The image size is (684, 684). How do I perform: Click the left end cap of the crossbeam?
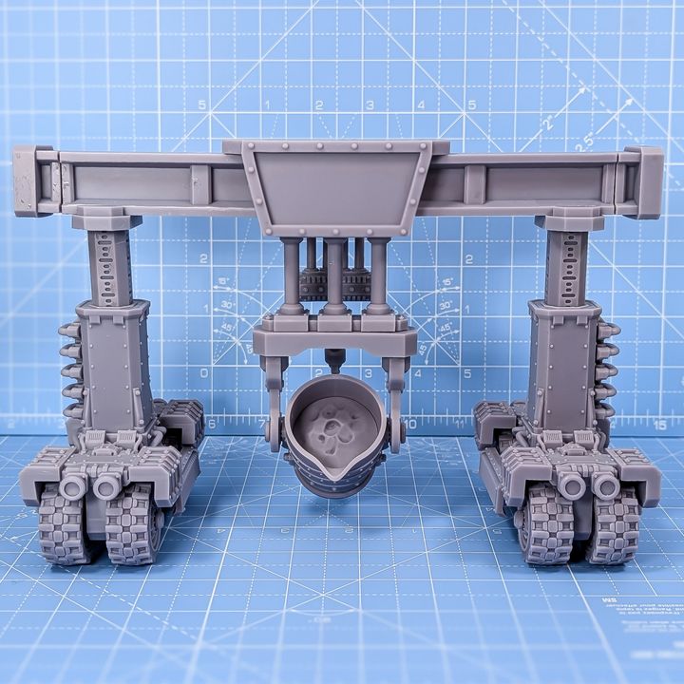coord(33,180)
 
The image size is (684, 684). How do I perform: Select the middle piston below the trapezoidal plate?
coord(333,275)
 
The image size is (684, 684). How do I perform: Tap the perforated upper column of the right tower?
coord(566,266)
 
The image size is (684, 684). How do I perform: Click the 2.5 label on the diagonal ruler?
coord(582,140)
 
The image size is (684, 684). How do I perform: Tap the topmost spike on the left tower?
coord(69,331)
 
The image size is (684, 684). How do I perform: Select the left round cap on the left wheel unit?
coord(73,487)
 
